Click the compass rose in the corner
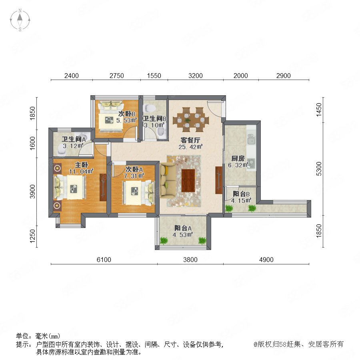[x=20, y=20]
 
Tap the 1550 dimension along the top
[x=154, y=76]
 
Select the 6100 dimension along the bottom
[x=104, y=260]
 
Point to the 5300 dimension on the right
[x=319, y=169]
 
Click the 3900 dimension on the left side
[x=33, y=191]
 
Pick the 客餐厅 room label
[x=190, y=140]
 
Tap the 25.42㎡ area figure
[x=190, y=147]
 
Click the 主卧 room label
[x=82, y=165]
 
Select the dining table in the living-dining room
[x=191, y=120]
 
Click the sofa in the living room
[x=168, y=180]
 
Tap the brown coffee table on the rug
[x=188, y=180]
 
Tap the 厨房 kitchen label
[x=238, y=158]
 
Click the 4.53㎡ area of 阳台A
[x=182, y=235]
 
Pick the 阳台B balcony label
[x=241, y=194]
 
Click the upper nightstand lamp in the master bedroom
[x=57, y=168]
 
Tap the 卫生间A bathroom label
[x=74, y=139]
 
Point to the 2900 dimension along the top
[x=283, y=76]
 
